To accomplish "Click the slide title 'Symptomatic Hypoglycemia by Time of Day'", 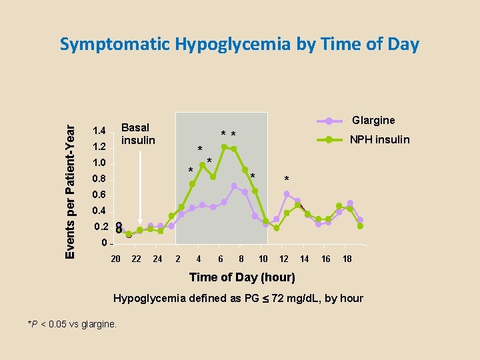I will coord(239,45).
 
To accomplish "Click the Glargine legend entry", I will coord(373,121).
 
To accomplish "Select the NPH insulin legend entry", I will coord(380,139).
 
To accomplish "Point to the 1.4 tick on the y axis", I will coord(100,131).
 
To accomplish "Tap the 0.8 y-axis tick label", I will coord(100,179).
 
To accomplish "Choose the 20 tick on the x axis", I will coord(115,259).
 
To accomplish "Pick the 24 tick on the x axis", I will coord(158,259).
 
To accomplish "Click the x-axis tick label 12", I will coord(283,259).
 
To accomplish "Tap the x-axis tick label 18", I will coord(347,259).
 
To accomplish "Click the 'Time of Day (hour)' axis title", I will coord(242,277).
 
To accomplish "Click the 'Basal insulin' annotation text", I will coord(138,133).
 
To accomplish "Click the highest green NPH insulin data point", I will coord(224,147).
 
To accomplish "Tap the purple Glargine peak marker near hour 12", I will coord(287,194).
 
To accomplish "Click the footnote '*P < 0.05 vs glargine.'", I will coord(72,324).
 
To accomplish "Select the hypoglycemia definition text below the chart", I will coord(238,298).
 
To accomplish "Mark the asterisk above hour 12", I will coord(287,179).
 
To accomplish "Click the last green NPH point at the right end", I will coord(360,226).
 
